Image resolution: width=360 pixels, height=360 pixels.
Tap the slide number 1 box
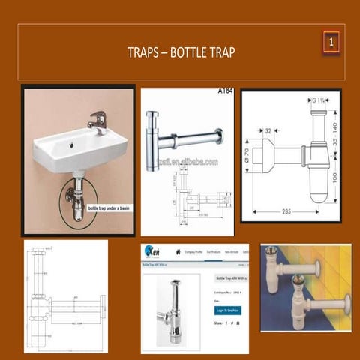click(331, 42)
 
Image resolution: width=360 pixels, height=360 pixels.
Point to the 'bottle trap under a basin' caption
click(107, 208)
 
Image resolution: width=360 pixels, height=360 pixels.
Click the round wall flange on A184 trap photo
click(219, 136)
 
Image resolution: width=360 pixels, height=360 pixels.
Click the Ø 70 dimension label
click(247, 159)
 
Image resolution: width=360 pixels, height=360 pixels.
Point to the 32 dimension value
click(268, 130)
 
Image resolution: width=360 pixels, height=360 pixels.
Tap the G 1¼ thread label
click(317, 100)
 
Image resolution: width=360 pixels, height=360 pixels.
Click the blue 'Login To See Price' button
click(226, 309)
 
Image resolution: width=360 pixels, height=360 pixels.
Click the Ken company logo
click(152, 251)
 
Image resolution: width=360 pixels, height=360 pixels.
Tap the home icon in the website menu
click(178, 252)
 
